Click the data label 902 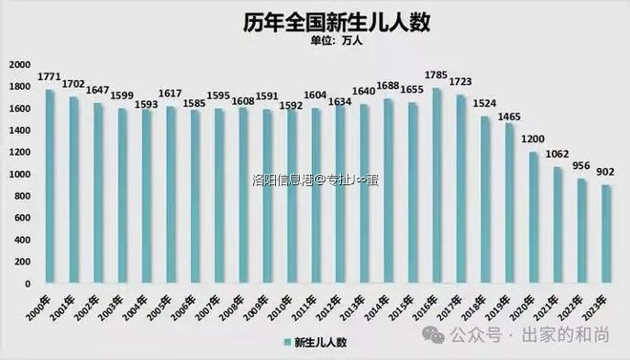click(x=605, y=172)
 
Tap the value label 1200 click(x=533, y=139)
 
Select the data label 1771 click(x=49, y=75)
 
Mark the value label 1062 click(x=557, y=156)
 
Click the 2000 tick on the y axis click(x=19, y=64)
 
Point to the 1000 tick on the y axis click(x=19, y=175)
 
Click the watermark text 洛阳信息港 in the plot click(x=283, y=178)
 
